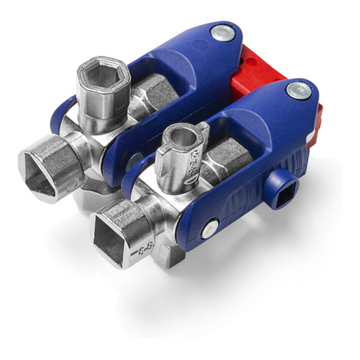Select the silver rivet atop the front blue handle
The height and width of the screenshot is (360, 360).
click(298, 90)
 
